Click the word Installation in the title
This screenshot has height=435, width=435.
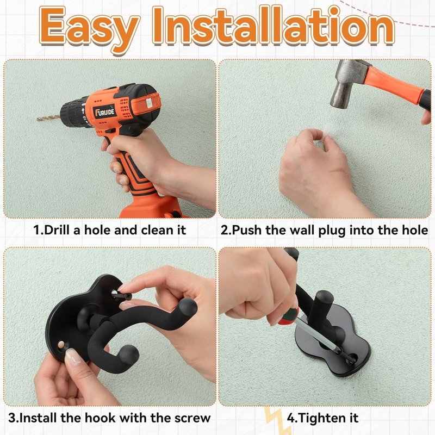274,26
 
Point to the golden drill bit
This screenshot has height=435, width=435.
48,118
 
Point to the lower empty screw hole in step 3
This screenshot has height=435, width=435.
61,345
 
